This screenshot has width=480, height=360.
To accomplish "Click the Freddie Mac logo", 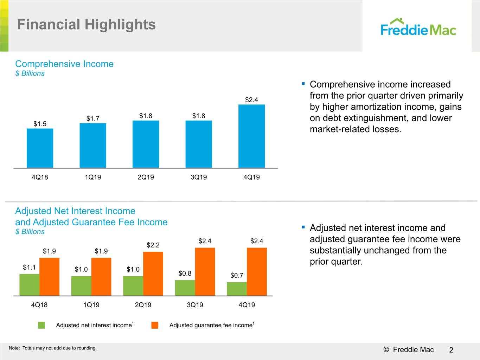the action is coord(418,27).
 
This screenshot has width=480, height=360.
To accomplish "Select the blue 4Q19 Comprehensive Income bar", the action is coord(251,136).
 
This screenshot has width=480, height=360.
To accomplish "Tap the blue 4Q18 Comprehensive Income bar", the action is coord(40,148).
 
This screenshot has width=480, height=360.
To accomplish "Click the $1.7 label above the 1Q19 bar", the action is coord(93,118).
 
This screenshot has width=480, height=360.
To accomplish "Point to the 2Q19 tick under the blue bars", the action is coord(146,177).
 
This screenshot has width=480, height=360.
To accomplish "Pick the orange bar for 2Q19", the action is coord(153,274).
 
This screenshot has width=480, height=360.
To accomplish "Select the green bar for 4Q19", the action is coord(237,289).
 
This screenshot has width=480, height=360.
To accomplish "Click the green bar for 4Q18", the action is coord(30,285).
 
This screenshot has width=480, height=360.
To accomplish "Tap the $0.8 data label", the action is coord(185,273).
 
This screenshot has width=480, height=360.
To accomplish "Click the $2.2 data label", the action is coord(153,245).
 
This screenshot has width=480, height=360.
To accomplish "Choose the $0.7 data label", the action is coord(237,275).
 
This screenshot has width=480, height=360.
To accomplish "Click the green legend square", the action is coord(41,325).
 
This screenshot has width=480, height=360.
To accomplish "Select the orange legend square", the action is coord(155,325).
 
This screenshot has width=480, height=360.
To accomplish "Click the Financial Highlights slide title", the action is coord(87,25).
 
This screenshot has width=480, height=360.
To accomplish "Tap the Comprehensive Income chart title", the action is coord(64,64).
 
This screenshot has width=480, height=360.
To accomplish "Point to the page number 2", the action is coord(451,350).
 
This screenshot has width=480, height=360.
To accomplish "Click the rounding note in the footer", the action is coord(52,348).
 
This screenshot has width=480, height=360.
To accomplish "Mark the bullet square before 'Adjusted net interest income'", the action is coord(303,227).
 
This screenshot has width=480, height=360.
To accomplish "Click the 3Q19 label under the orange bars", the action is coord(195,305).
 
